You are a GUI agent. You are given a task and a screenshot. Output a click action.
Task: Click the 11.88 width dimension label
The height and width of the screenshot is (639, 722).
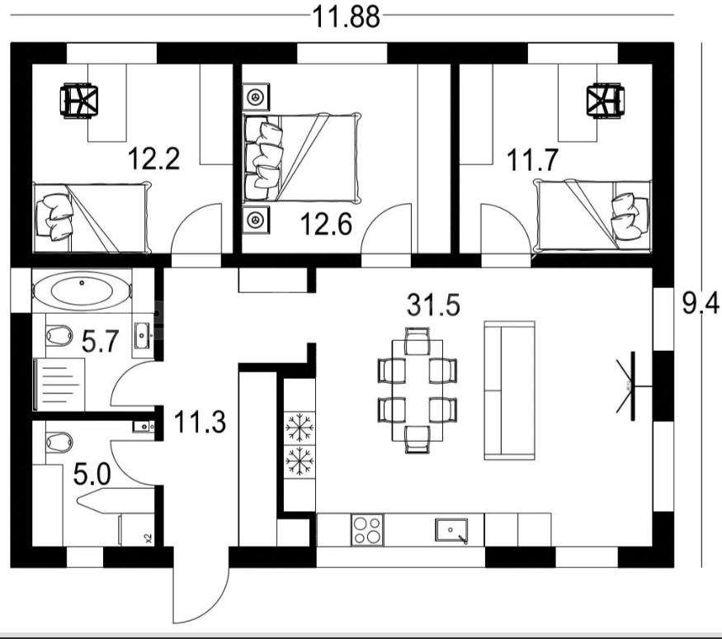(347, 17)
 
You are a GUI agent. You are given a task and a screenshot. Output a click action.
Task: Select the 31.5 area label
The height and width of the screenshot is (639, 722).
(433, 305)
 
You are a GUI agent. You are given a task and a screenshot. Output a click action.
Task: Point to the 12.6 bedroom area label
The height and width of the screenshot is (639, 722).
(326, 224)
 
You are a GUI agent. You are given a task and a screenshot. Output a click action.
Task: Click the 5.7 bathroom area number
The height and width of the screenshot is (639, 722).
(101, 342)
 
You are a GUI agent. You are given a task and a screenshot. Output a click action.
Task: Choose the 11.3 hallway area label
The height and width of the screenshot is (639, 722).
(200, 423)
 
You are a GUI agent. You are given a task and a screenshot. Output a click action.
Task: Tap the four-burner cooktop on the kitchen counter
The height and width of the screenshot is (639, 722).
(367, 530)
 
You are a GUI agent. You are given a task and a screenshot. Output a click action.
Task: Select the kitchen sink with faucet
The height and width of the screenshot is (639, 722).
(451, 531)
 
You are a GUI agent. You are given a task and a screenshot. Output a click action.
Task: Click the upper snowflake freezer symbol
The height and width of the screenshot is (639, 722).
(300, 428)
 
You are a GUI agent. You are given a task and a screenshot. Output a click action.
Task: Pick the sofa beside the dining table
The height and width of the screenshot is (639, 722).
(510, 390)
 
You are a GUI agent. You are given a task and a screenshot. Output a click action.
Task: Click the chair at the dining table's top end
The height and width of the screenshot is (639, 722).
(418, 340)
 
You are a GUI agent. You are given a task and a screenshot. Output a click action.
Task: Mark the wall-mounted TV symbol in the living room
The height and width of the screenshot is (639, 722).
(631, 386)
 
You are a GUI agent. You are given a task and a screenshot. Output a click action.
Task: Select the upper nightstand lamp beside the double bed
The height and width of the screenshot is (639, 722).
(255, 97)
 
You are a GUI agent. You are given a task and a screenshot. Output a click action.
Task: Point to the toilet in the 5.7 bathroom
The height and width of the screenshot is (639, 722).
(59, 335)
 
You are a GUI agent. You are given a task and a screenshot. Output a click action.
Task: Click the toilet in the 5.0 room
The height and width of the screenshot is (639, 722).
(59, 442)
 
